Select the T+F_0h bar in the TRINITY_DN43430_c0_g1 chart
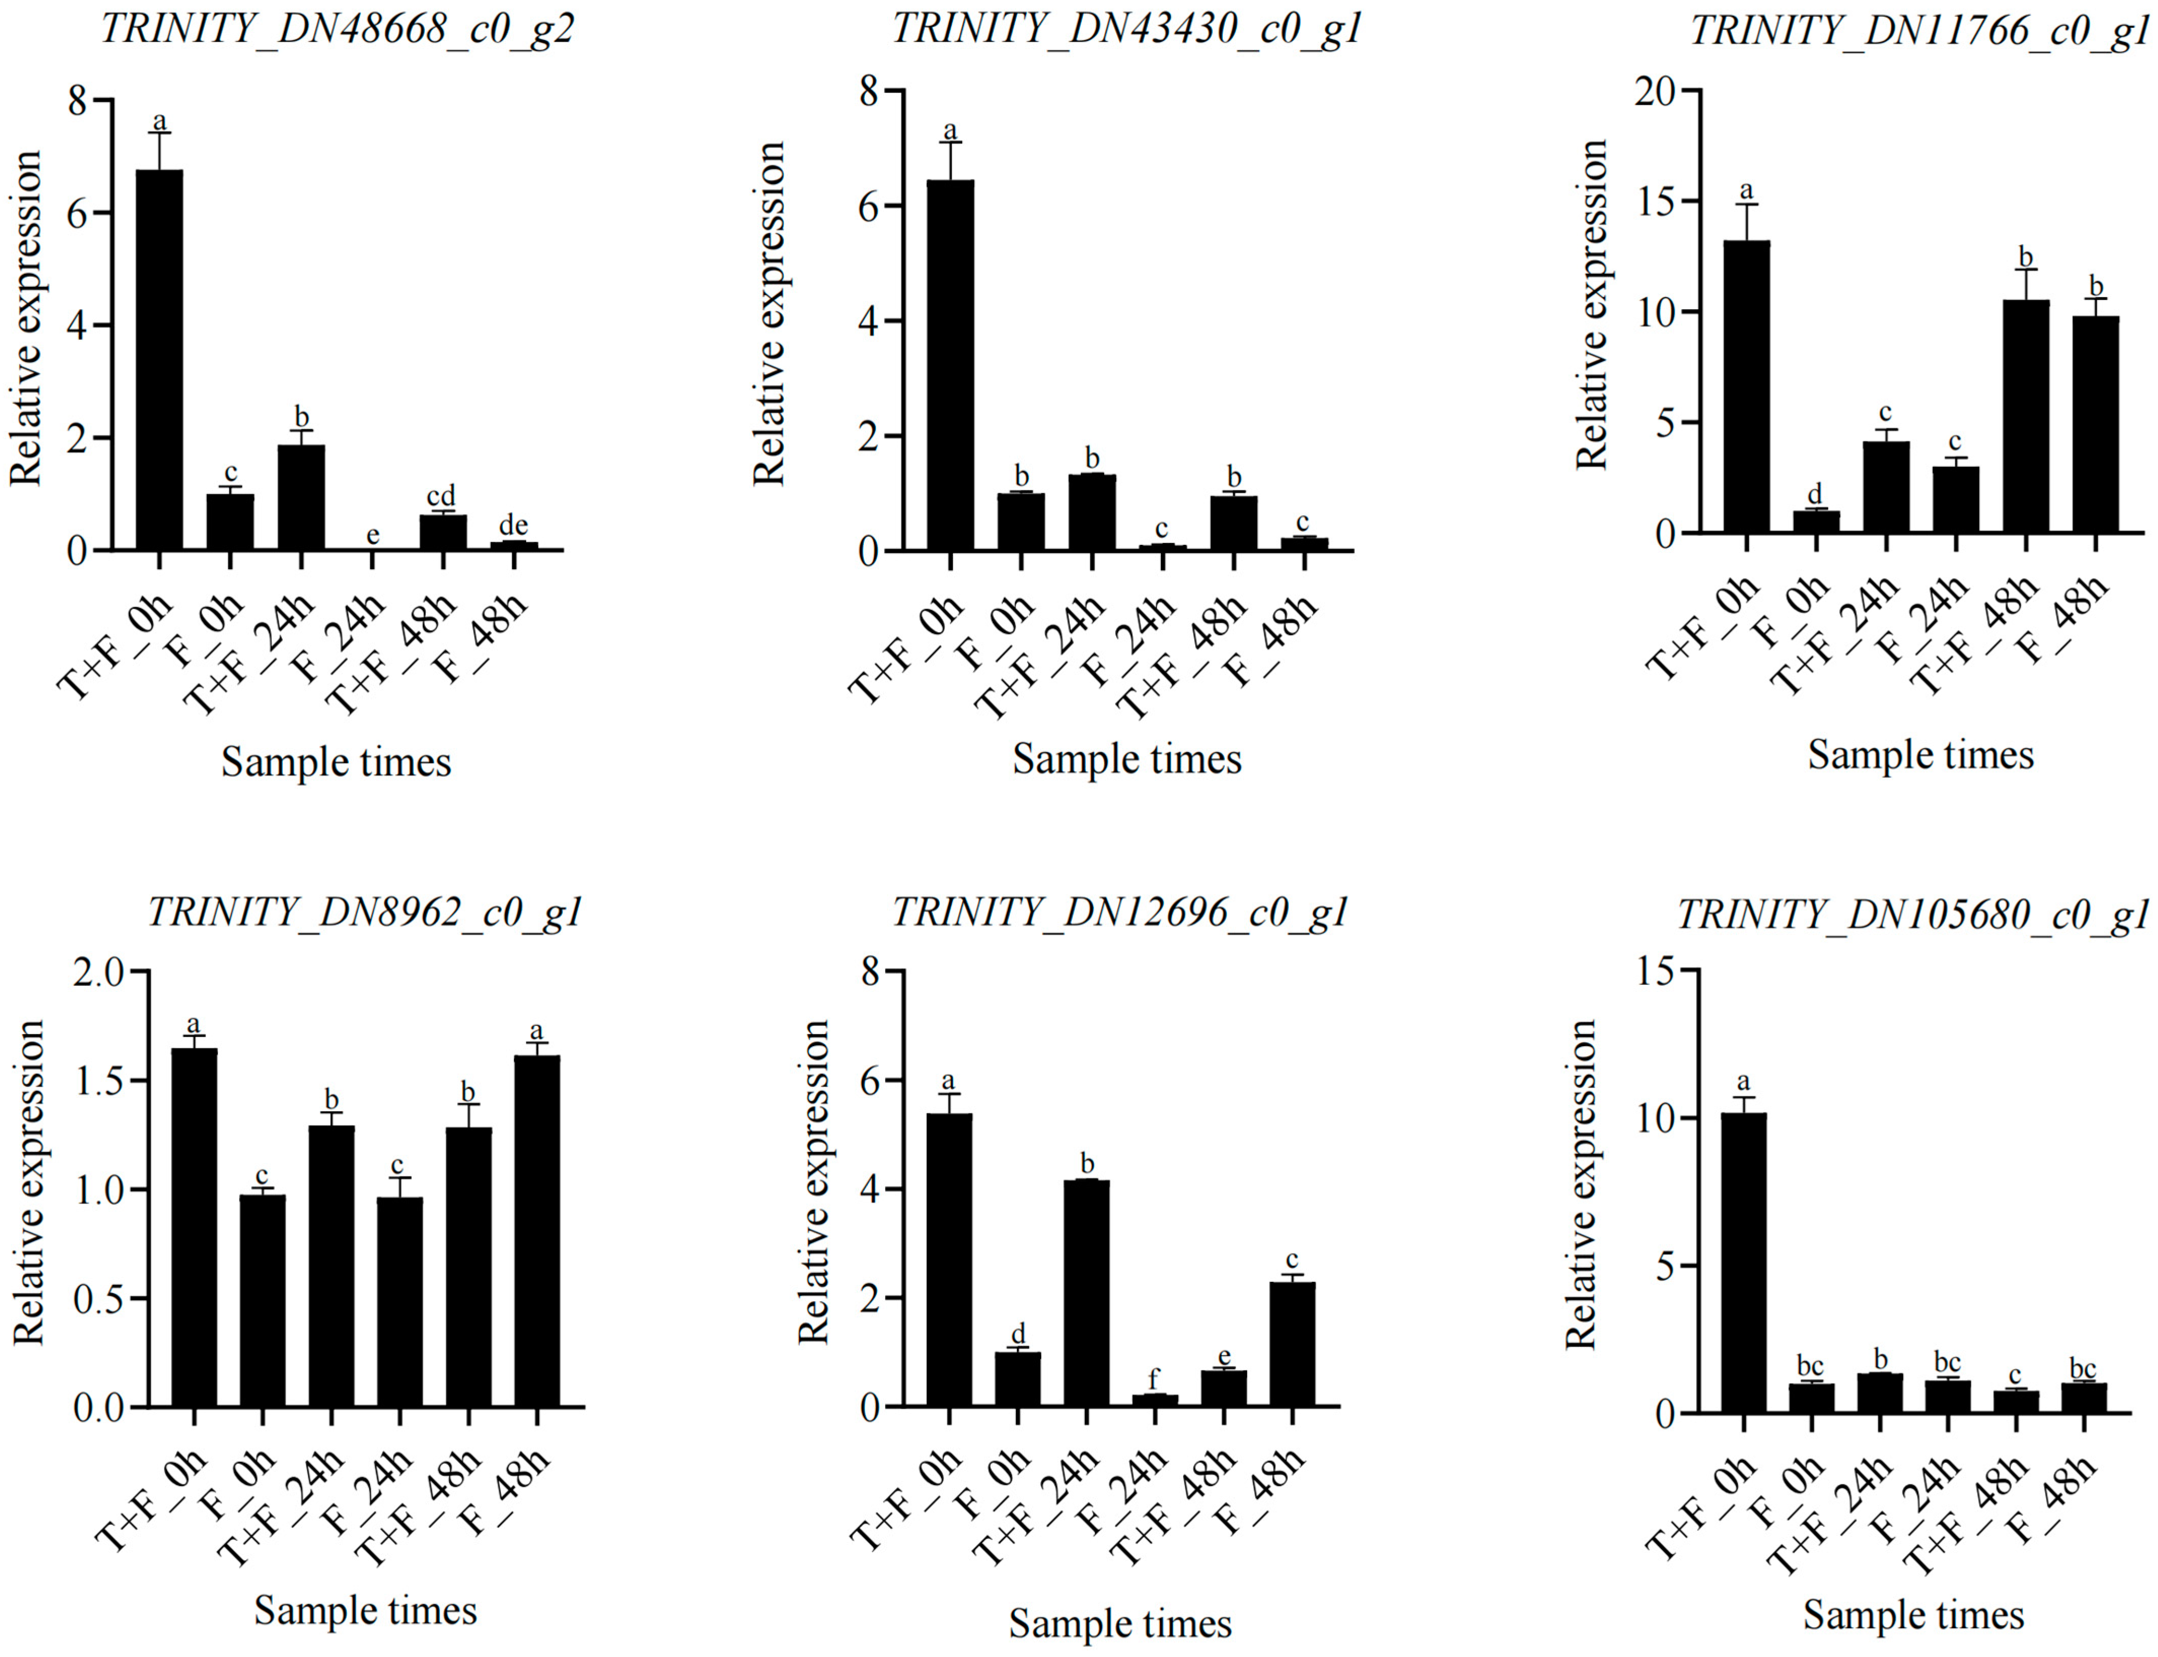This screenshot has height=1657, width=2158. pos(950,365)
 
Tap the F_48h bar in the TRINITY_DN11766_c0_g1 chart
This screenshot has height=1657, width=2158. pos(2095,424)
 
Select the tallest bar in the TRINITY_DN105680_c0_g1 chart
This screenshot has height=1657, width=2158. pos(1743,1263)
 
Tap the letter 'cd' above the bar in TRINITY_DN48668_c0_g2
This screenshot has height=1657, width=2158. pos(441,496)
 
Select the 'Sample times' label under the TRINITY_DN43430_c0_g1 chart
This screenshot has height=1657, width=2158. pos(1126,759)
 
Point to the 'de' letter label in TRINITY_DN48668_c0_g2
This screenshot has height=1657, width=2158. pos(513,525)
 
